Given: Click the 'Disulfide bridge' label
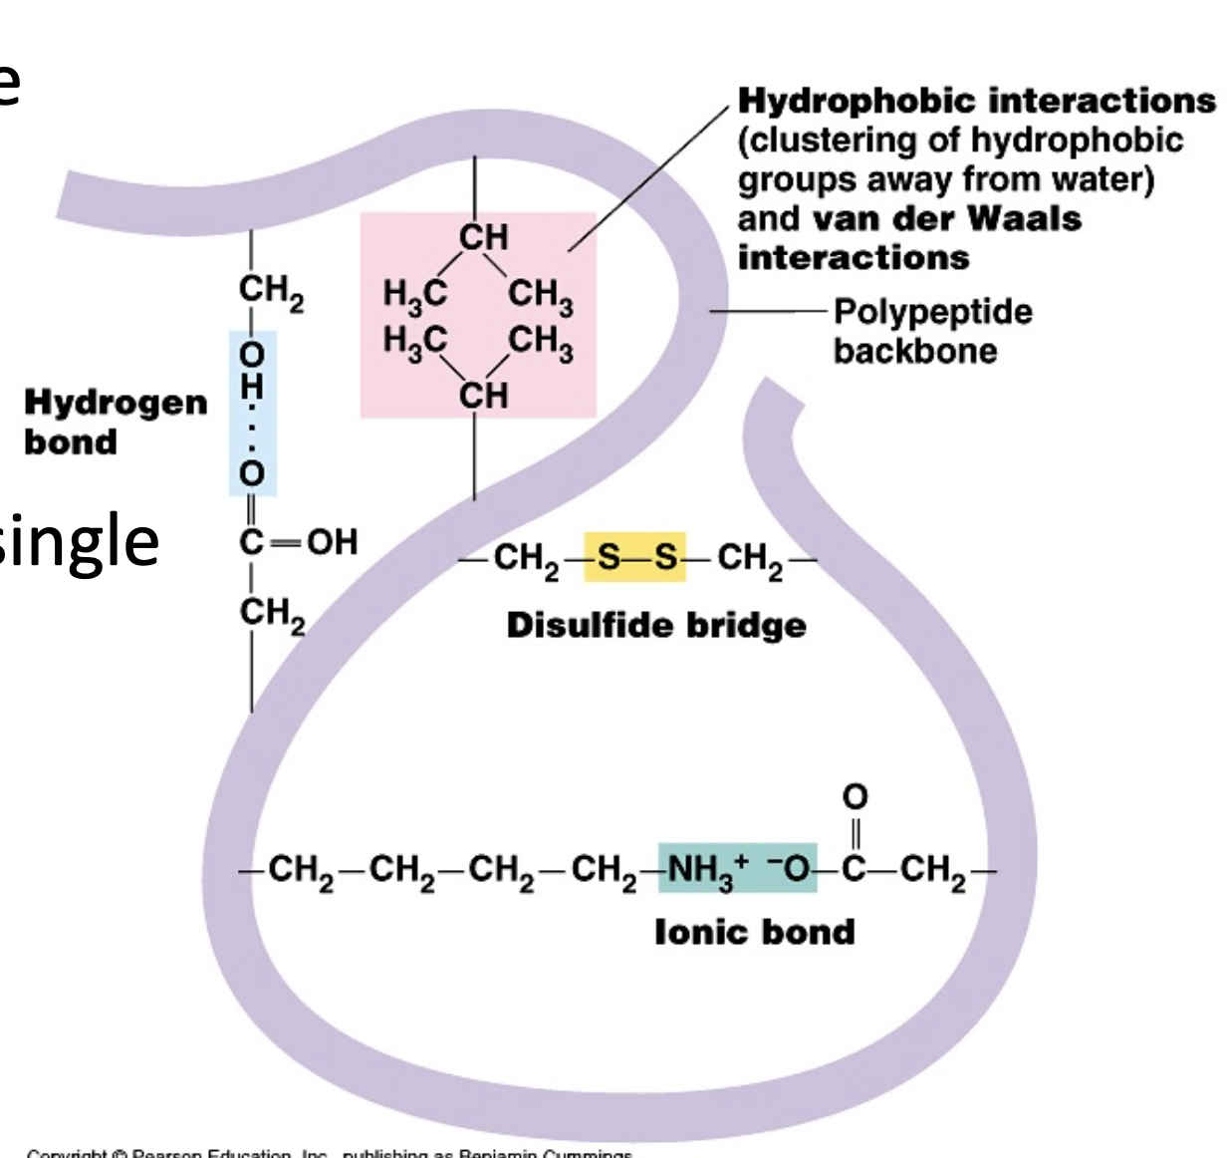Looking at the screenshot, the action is coord(656,625).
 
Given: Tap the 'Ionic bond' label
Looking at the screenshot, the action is coord(754,932).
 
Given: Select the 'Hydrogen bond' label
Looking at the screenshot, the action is coord(116,422).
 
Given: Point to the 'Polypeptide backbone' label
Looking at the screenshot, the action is coord(931,331).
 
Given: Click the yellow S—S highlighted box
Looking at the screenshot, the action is coord(634,557).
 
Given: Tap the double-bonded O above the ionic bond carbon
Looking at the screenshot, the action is coord(855,796).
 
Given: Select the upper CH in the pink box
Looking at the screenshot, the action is coord(483,237).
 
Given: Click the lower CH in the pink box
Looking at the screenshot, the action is coord(483,395).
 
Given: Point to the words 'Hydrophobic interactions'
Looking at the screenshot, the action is coord(976,101).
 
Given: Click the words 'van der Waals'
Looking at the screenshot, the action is coord(946,218).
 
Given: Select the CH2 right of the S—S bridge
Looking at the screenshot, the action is coord(750,559).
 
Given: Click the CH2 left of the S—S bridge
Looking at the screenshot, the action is coord(526,559).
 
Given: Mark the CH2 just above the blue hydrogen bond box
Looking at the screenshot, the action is coord(270,292).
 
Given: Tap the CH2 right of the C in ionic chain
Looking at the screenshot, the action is coord(933,872).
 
